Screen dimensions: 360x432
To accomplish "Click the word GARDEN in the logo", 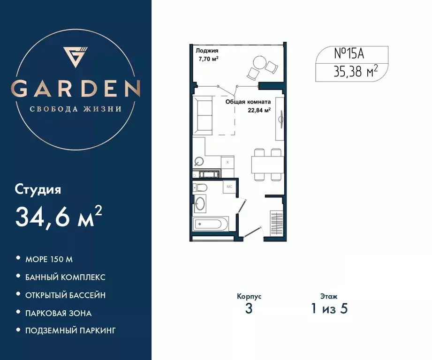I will click(76, 88).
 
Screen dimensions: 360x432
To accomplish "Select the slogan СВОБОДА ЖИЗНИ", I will click(76, 109).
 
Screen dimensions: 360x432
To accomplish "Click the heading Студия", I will click(38, 190).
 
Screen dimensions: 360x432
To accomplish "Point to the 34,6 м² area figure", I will click(59, 216).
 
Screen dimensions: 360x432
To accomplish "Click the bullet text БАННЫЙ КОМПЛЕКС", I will click(65, 277).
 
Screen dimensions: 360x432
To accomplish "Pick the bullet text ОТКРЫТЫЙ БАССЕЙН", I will click(65, 295).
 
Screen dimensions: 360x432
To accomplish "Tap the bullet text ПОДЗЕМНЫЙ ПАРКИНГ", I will click(70, 330).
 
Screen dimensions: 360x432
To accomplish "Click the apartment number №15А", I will click(349, 54).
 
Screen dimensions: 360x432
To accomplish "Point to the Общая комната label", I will click(248, 101).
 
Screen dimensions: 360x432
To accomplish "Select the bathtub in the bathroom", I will click(211, 224).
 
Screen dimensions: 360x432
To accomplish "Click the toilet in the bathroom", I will click(201, 188).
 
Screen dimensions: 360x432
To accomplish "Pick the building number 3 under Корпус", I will click(249, 309).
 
